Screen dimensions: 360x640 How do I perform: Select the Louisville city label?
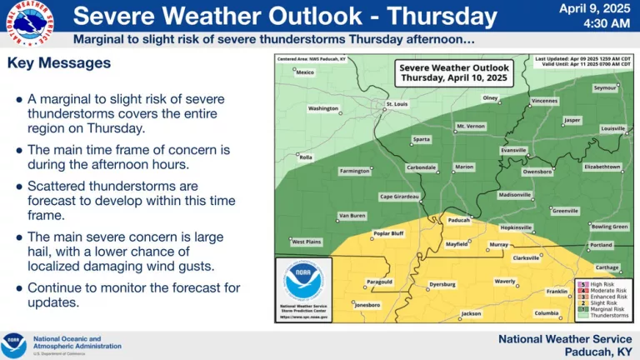[x=612, y=128]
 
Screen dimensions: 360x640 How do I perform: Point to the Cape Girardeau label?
[x=398, y=197]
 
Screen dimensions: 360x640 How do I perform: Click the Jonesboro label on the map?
[x=367, y=305]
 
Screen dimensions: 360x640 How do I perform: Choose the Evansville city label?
[x=513, y=150]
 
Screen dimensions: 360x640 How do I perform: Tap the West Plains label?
[x=307, y=242]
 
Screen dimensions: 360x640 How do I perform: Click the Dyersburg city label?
[x=442, y=285]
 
